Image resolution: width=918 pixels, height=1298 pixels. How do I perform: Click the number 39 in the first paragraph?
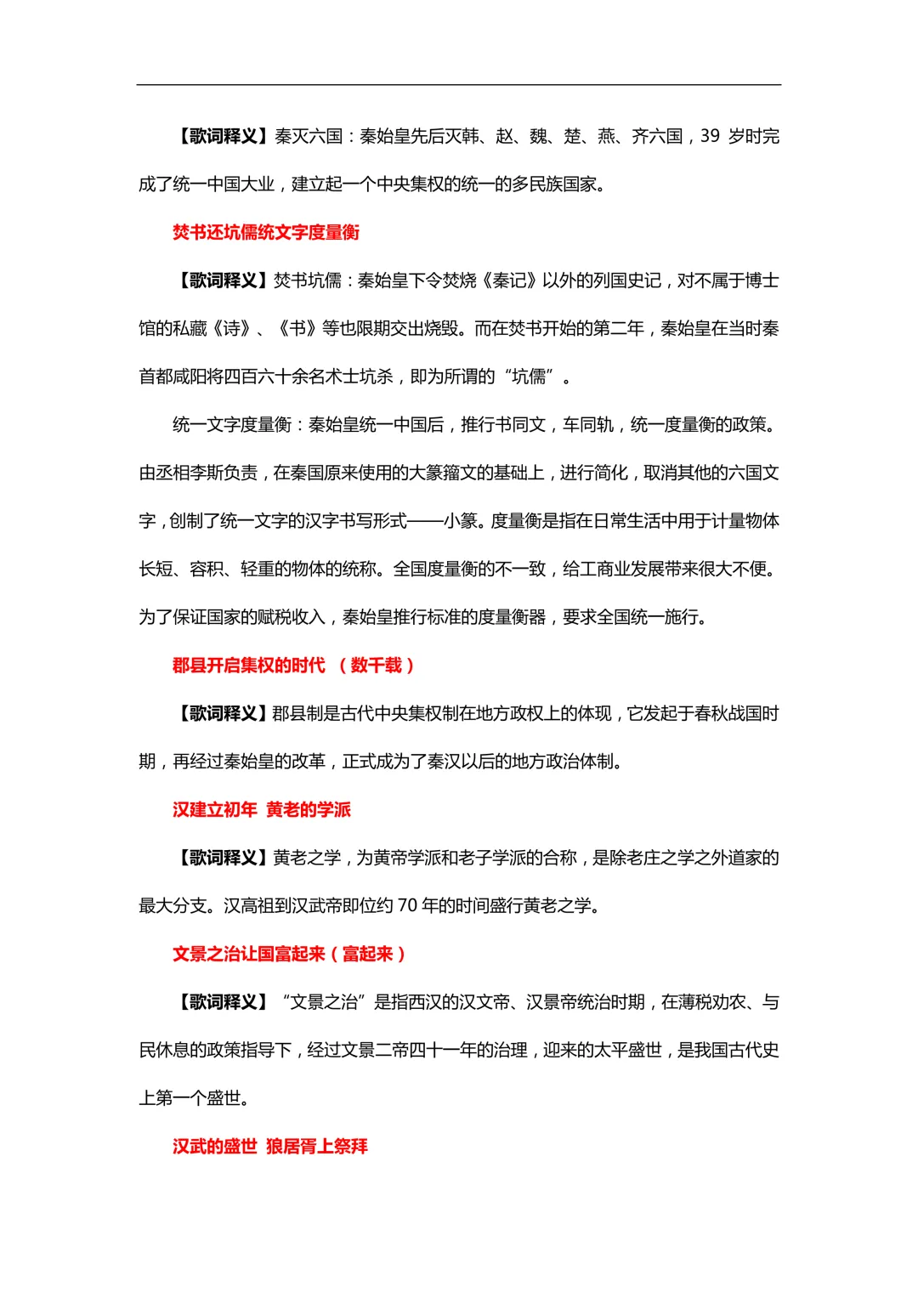click(710, 136)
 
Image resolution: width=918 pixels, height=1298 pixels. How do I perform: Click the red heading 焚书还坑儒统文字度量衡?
click(266, 232)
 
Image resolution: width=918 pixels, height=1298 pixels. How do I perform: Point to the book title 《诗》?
click(232, 329)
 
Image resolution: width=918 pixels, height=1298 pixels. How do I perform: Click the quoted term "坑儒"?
click(529, 377)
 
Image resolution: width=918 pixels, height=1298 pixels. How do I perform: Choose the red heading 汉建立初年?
click(215, 809)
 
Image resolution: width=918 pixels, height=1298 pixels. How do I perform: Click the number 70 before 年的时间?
click(407, 906)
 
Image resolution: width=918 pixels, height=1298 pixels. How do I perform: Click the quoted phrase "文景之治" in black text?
click(323, 1002)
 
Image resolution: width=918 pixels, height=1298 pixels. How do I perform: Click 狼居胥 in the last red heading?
click(292, 1147)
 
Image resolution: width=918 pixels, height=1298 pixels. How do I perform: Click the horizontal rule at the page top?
click(459, 85)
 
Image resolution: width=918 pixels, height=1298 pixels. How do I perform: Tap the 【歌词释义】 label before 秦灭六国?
click(223, 136)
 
